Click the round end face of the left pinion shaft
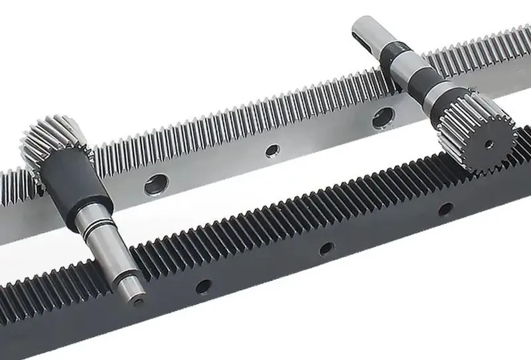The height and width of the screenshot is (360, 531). pyautogui.click(x=135, y=292)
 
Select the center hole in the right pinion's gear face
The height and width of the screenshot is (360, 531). pyautogui.click(x=489, y=143)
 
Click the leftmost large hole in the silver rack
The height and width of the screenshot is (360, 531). pyautogui.click(x=157, y=184)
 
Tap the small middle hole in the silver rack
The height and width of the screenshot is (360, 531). pyautogui.click(x=271, y=151)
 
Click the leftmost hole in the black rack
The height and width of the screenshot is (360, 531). pyautogui.click(x=203, y=286)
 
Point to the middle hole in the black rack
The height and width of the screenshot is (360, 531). pyautogui.click(x=326, y=249)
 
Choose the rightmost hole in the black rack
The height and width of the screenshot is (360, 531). pyautogui.click(x=445, y=209)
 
